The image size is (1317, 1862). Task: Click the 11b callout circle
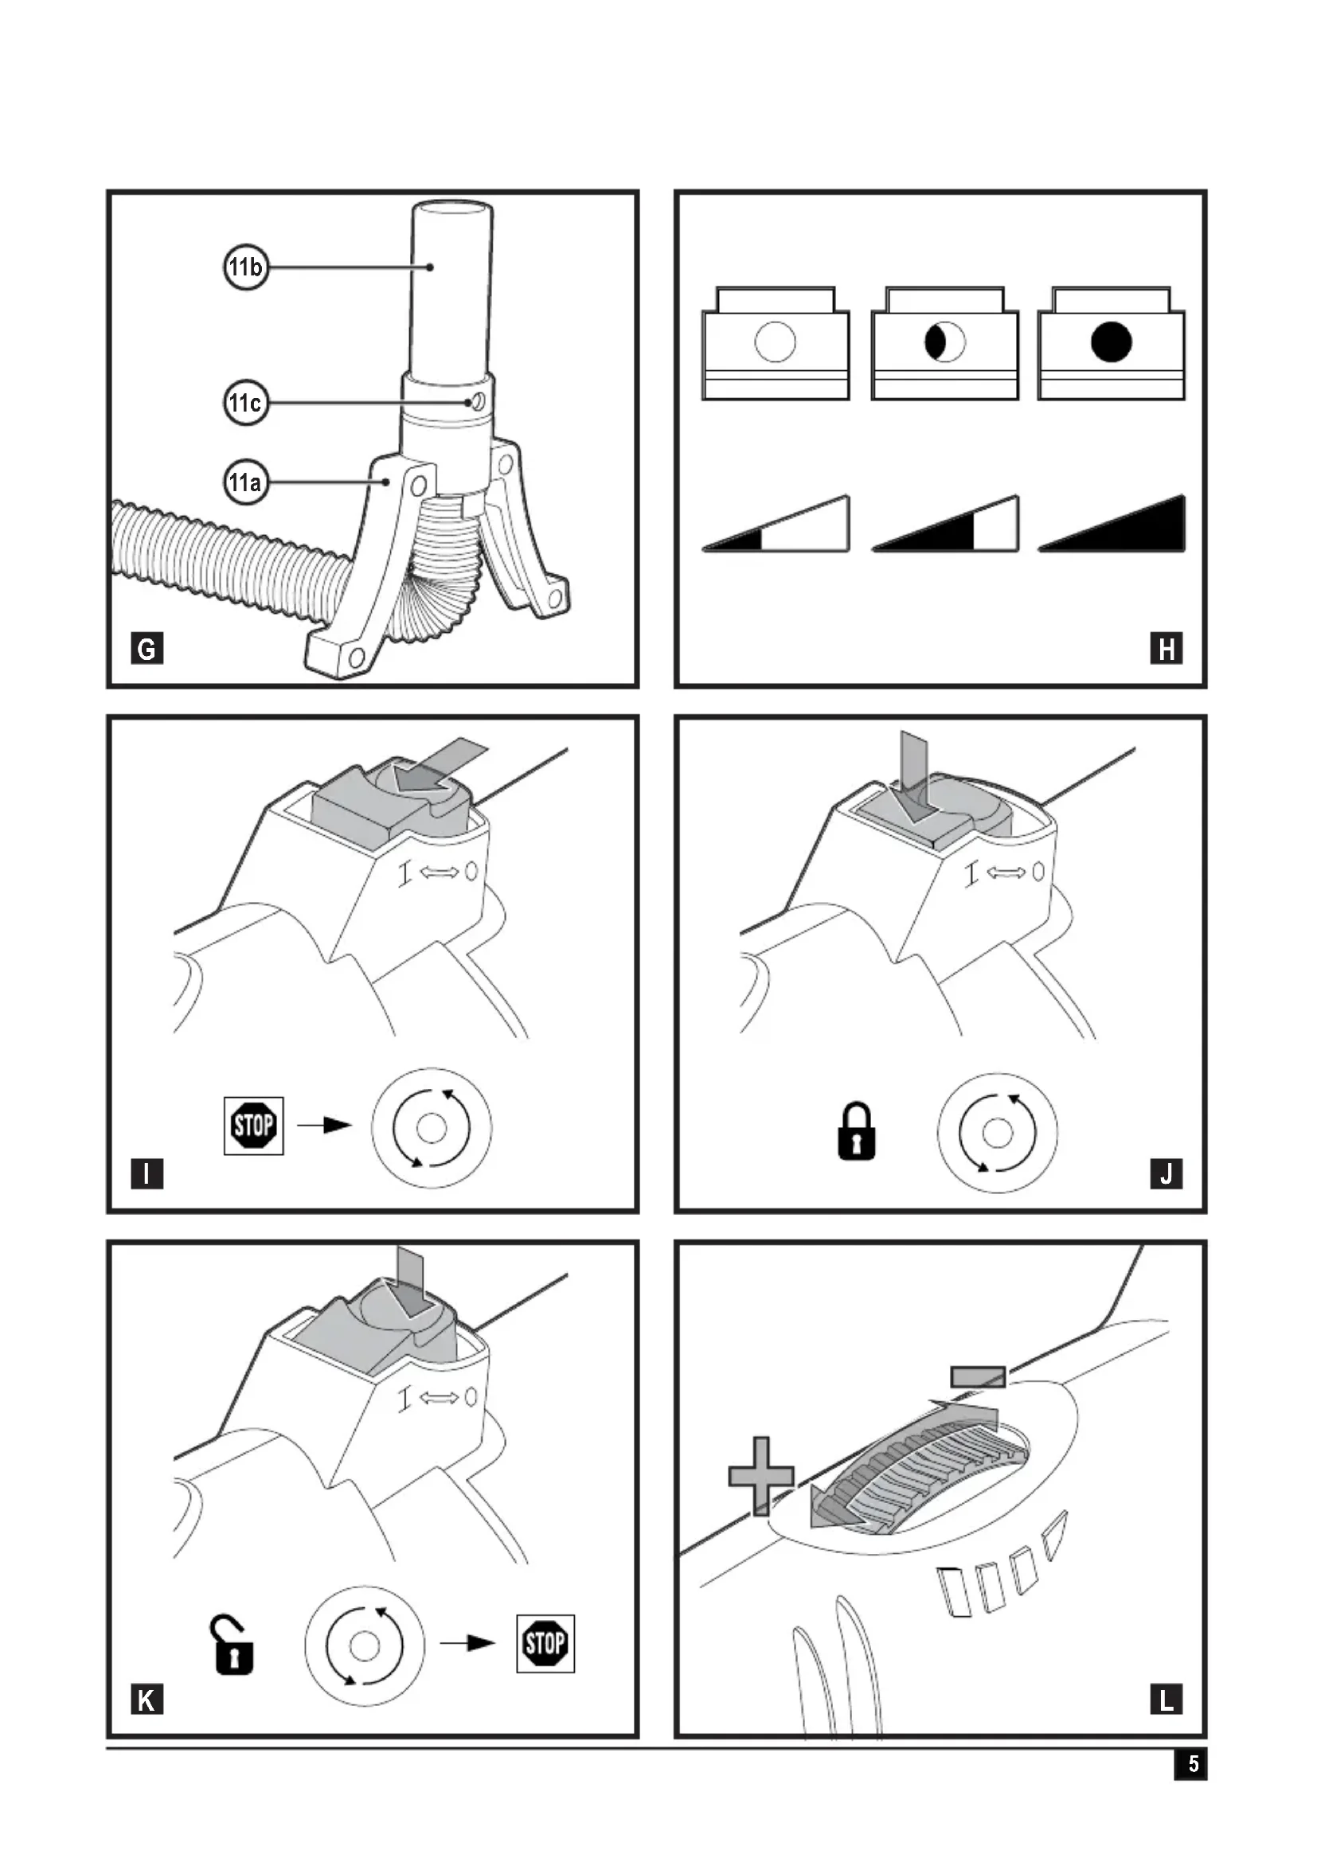click(246, 267)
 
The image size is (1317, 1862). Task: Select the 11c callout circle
click(246, 402)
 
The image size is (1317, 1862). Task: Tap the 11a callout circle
click(246, 482)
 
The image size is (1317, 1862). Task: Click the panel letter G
click(147, 649)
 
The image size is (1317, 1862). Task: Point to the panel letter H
click(1167, 649)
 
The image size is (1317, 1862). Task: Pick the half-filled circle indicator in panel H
click(945, 342)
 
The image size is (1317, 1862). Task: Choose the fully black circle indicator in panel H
click(1111, 342)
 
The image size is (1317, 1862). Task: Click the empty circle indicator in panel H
click(776, 342)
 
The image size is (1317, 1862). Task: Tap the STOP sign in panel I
click(254, 1126)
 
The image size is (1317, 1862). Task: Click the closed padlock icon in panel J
click(857, 1130)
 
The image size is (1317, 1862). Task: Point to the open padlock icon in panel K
click(233, 1645)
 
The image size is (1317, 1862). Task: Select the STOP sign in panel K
click(545, 1644)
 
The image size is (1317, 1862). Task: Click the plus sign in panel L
click(760, 1476)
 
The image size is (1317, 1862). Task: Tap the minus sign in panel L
click(978, 1376)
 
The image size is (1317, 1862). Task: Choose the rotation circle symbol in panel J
click(998, 1133)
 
